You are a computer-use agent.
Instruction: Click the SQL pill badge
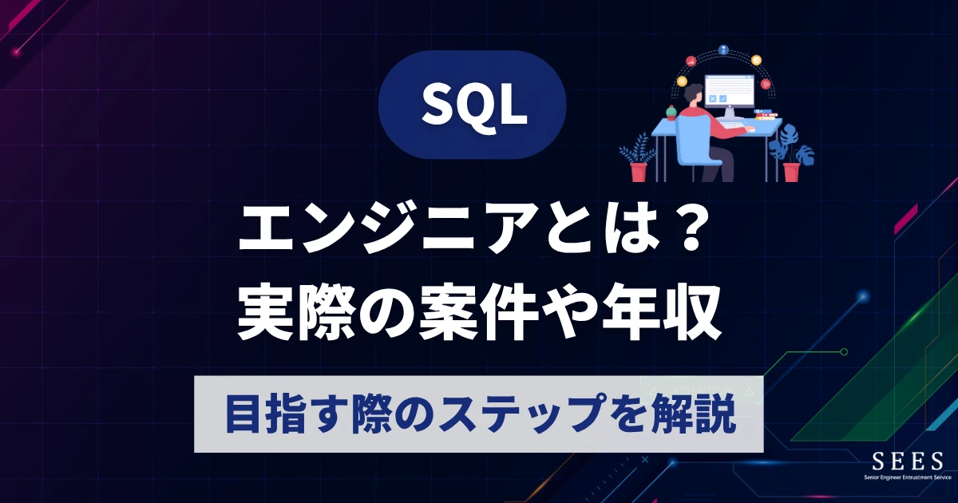[x=472, y=104]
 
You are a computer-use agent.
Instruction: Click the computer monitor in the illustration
[x=728, y=92]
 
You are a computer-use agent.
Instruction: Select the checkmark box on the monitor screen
[x=723, y=99]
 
